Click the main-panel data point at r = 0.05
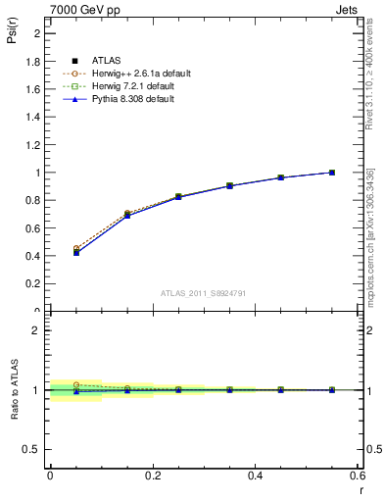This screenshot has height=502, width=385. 76,252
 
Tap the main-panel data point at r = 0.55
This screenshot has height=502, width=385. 332,173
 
